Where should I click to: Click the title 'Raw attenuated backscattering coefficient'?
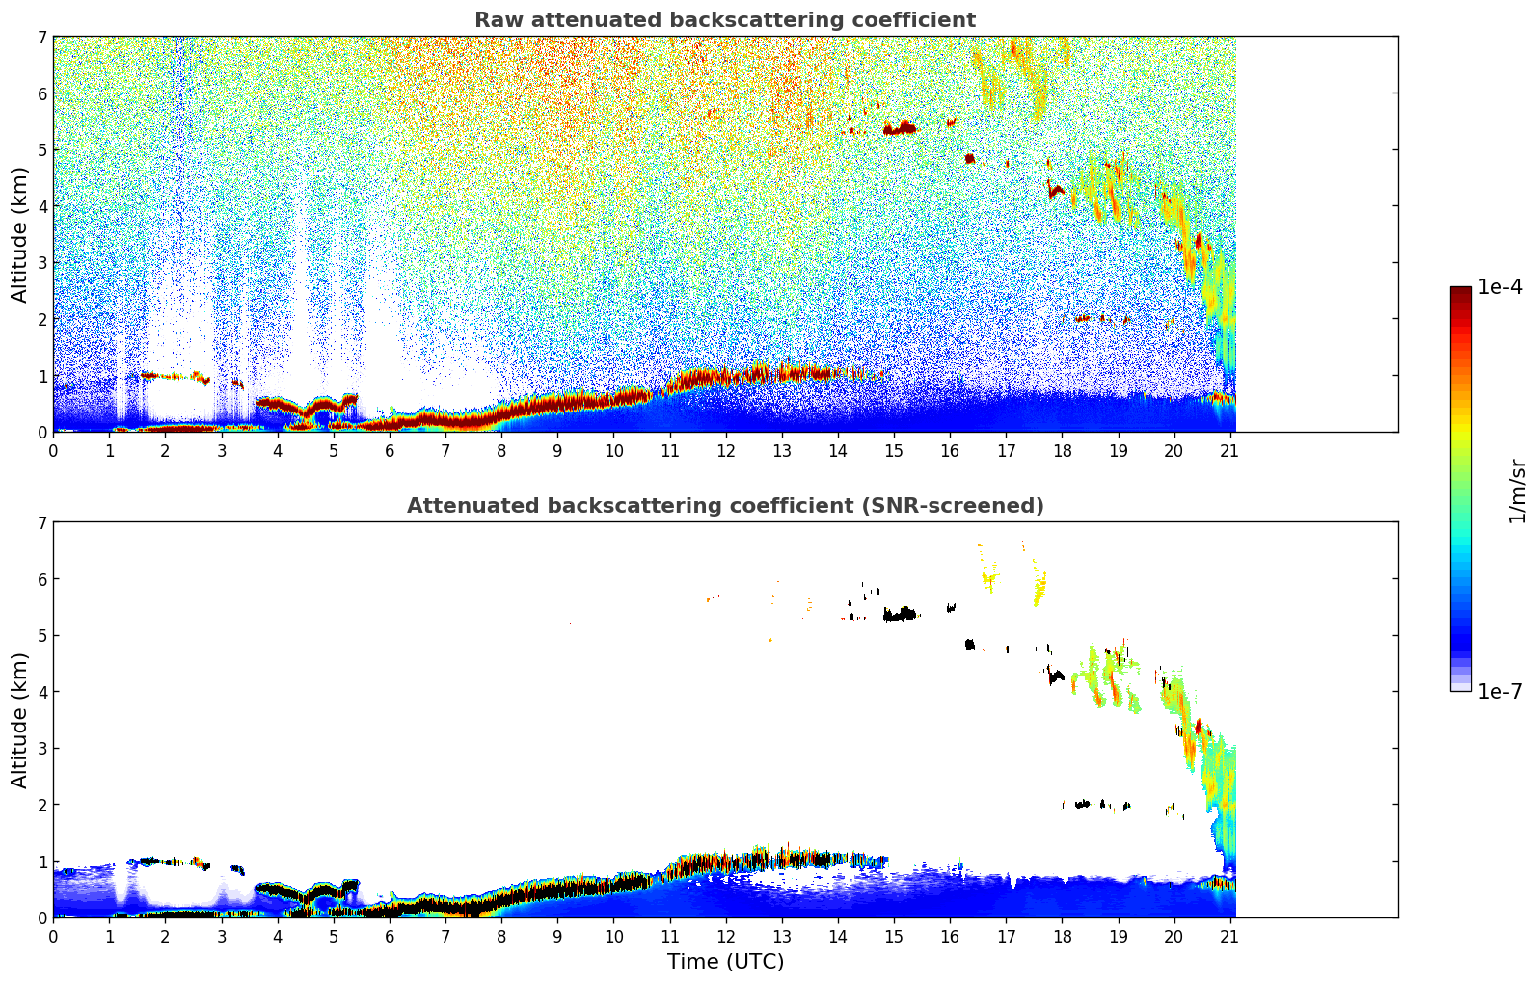click(x=724, y=20)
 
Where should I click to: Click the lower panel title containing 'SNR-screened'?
click(x=724, y=506)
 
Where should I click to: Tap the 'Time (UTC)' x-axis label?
click(x=725, y=962)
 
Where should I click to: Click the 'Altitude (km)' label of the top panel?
click(x=20, y=234)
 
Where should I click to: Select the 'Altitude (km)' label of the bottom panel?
click(x=20, y=720)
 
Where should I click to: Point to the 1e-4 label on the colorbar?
click(x=1499, y=287)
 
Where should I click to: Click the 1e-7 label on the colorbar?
click(x=1499, y=691)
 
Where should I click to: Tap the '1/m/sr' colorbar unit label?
click(x=1517, y=491)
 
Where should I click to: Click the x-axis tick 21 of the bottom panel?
click(x=1229, y=937)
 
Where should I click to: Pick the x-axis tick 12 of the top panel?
click(x=725, y=451)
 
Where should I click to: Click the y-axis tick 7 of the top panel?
click(x=41, y=37)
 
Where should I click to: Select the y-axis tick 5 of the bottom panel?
click(x=41, y=635)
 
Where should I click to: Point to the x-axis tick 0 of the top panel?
click(x=53, y=451)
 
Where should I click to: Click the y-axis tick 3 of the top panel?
click(x=41, y=262)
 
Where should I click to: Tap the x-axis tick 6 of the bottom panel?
click(x=390, y=937)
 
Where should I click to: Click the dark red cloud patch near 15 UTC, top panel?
click(x=900, y=128)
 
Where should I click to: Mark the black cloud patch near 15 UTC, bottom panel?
click(x=900, y=614)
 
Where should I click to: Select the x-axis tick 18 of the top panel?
click(x=1062, y=451)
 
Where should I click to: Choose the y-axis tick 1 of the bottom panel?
click(x=41, y=861)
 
